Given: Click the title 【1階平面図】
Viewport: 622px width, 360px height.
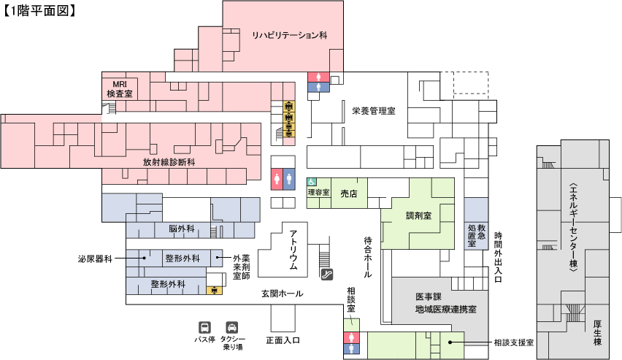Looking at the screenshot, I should pos(41,11).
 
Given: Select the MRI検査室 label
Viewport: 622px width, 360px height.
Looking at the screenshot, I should pos(119,88).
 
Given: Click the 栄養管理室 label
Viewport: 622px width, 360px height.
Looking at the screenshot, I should pos(373,111).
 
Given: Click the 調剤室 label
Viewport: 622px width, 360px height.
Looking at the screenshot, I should pos(419,216).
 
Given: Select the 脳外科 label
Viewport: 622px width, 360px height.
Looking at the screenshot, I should pos(180,229).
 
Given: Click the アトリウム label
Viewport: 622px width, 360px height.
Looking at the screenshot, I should pos(293,250).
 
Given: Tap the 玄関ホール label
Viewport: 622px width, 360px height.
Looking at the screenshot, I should pos(283,294).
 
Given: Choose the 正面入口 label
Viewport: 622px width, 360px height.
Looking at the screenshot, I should pos(283,340).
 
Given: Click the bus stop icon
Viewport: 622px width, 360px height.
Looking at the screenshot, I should pos(205,328).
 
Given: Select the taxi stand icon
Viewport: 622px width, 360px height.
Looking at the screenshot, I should pos(232,328).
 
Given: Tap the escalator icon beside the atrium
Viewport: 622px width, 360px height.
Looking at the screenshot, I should pos(328,275).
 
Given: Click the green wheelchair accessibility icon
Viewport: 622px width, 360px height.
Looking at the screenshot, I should pos(311,182).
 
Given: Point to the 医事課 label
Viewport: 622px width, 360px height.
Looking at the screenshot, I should pos(429,297).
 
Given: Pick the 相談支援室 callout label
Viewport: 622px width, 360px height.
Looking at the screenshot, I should pos(513,342).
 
